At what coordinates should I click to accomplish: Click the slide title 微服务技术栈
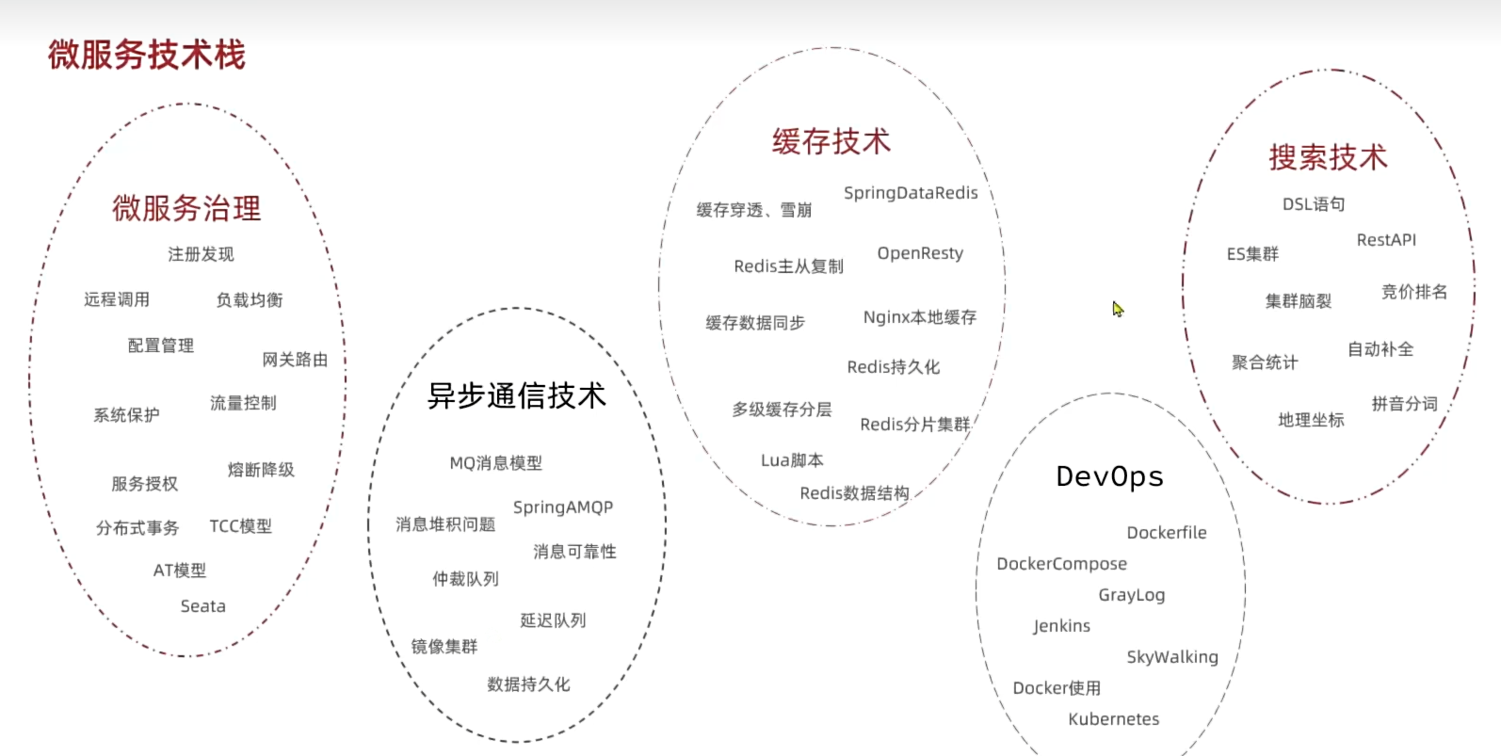146,55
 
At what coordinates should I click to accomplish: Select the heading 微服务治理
186,208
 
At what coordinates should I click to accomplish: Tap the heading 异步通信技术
516,395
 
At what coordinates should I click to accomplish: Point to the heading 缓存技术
831,142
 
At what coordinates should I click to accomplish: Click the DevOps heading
1109,476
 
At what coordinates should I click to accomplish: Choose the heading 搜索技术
1328,157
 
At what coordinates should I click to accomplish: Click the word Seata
202,606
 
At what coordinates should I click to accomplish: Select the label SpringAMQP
562,507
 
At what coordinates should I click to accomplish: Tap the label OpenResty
920,253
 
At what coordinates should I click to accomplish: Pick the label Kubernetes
1113,719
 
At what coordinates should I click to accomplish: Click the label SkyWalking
1171,657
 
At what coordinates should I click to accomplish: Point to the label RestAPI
1385,240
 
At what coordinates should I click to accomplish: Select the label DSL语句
1313,204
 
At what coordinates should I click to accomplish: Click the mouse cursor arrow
1117,309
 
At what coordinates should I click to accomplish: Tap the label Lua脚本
792,460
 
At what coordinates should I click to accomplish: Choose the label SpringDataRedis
911,193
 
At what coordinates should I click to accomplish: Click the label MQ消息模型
495,463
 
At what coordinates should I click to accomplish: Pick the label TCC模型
240,526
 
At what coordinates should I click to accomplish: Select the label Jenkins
1061,626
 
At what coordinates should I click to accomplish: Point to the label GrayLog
1131,595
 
